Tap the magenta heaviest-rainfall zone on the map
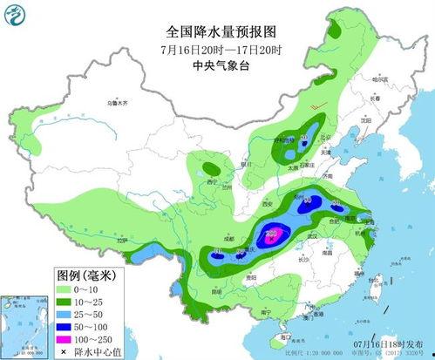point(272,233)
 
